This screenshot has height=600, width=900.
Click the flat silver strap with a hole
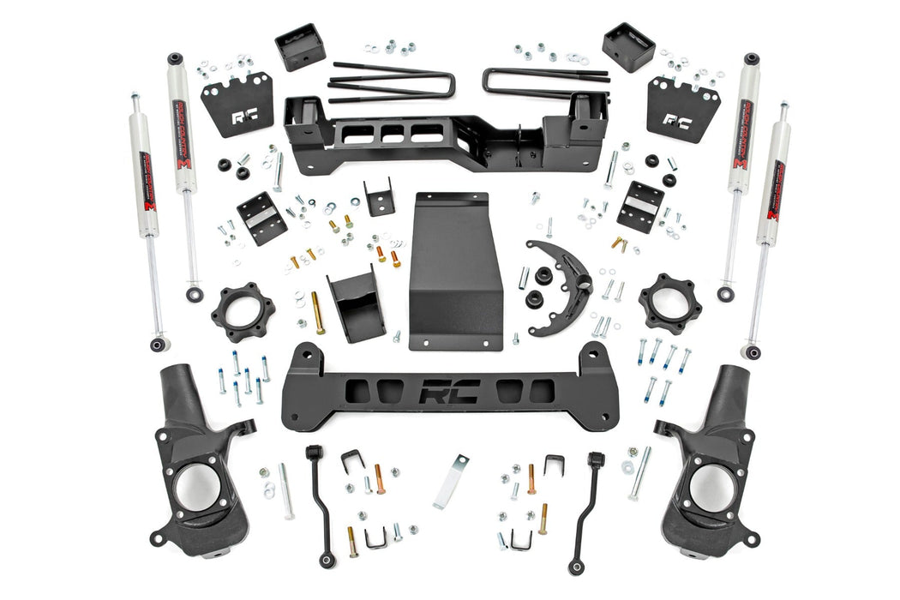[451, 480]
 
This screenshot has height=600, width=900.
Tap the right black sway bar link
[586, 506]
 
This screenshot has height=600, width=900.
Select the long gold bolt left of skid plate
[318, 313]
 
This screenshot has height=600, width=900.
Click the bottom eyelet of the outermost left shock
[157, 345]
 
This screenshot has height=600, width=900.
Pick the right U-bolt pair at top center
[545, 81]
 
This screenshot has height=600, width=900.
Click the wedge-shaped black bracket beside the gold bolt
[356, 304]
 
